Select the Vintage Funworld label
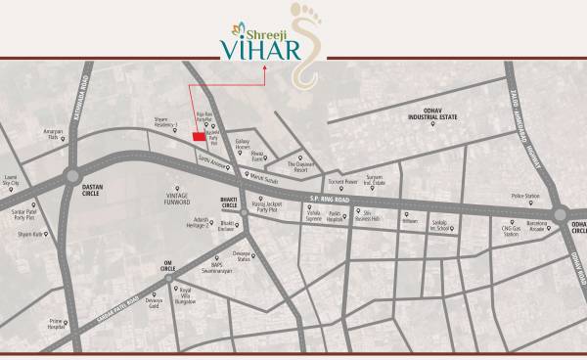[x=178, y=199]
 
